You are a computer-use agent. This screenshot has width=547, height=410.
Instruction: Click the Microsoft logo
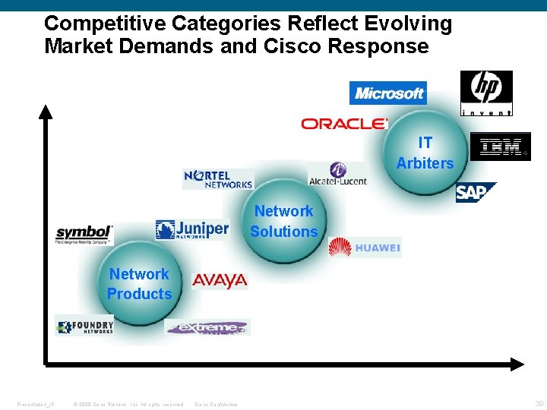[388, 93]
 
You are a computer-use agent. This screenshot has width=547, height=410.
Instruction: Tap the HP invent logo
[486, 93]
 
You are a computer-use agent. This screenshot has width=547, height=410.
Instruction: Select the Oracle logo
[344, 123]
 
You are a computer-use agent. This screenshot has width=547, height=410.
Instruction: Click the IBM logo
[500, 147]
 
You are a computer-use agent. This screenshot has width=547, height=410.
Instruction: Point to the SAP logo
[475, 193]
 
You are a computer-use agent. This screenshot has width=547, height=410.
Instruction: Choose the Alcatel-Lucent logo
[337, 174]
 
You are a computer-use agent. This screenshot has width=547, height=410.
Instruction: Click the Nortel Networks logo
[218, 179]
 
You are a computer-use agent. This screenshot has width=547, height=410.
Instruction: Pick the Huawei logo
[365, 248]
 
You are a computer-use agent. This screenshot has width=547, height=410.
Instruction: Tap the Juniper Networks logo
[191, 229]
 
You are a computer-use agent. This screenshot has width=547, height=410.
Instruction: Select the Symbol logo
[84, 234]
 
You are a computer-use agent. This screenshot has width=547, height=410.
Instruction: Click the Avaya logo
[220, 281]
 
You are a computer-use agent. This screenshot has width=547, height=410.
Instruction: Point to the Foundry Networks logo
[84, 326]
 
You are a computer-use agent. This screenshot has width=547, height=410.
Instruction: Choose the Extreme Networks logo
[207, 327]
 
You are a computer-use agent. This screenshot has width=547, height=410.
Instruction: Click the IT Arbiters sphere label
[425, 153]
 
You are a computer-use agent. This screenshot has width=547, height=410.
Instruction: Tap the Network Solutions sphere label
[283, 221]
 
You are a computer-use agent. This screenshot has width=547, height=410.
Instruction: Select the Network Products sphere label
[139, 284]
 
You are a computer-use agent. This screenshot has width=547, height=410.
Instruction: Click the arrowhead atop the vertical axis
[46, 112]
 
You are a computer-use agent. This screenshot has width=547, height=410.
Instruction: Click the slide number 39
[538, 403]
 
